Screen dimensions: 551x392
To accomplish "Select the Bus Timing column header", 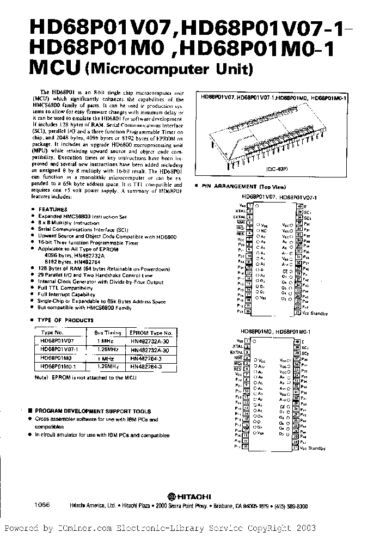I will click(x=106, y=332).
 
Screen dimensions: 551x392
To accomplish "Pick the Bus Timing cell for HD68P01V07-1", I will click(x=106, y=350).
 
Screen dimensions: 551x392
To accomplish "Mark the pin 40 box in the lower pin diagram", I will click(x=298, y=341).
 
